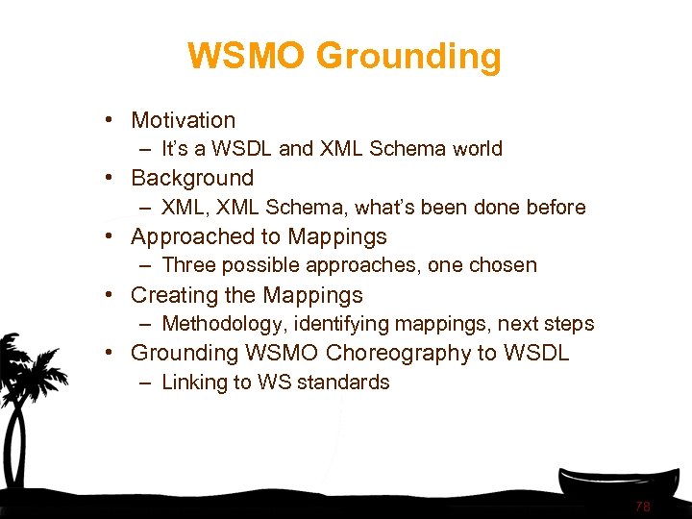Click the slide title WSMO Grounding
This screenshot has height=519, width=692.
coord(344,56)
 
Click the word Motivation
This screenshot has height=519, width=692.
coord(183,120)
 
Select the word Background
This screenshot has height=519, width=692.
coord(192,178)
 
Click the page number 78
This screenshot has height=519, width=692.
coord(642,507)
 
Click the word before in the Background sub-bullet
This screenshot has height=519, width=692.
coord(555,208)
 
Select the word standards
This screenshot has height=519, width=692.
coord(347,382)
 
